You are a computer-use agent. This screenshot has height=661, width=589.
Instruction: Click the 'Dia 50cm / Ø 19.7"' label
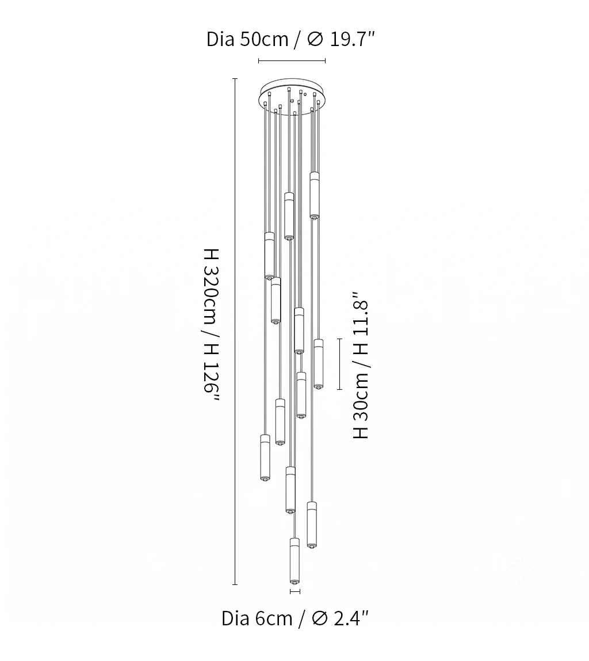tap(290, 39)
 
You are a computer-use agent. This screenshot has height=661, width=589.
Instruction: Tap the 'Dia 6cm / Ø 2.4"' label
tap(295, 618)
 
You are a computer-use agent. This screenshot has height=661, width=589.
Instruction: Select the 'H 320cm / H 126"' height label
tap(211, 325)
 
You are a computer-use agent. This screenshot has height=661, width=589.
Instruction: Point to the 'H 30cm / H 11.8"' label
tap(361, 365)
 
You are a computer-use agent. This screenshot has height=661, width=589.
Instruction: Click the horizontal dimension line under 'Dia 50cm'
tap(292, 60)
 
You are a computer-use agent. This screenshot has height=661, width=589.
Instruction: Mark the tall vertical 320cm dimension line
tap(235, 331)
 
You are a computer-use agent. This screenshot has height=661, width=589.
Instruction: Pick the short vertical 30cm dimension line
tap(339, 364)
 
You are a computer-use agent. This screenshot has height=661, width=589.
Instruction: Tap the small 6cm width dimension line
tap(294, 592)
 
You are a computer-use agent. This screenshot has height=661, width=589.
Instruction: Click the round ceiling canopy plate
tap(292, 95)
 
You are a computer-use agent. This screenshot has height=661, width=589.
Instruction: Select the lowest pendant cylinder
tap(294, 561)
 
